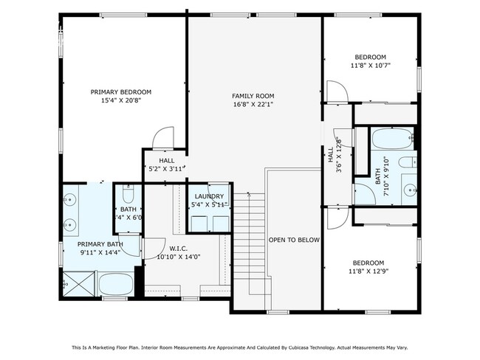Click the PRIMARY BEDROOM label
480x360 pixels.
(x=121, y=91)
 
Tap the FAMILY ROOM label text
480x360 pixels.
(x=253, y=96)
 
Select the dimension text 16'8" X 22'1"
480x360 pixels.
(x=253, y=104)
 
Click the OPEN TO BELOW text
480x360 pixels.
(x=293, y=240)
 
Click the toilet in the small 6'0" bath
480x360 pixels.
(x=126, y=198)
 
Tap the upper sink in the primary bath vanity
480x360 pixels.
(x=71, y=199)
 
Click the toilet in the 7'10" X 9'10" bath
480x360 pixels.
(x=406, y=164)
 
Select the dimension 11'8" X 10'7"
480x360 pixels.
(x=370, y=65)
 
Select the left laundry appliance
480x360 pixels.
(x=198, y=222)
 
